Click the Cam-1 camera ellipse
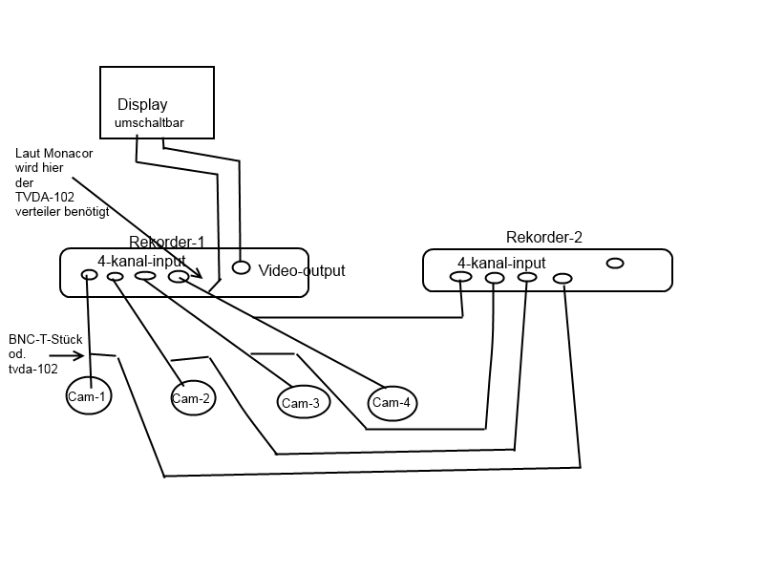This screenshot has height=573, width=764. (x=88, y=395)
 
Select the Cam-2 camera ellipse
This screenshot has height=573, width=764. (x=191, y=398)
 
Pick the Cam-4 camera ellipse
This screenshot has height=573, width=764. (x=392, y=402)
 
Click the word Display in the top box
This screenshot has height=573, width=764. (x=142, y=105)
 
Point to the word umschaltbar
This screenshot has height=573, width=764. (x=149, y=123)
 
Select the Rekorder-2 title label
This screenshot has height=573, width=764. (x=544, y=237)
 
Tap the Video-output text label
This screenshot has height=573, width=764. (x=302, y=271)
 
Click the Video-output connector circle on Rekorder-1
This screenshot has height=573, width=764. (x=242, y=268)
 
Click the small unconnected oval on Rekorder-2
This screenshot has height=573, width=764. (x=615, y=263)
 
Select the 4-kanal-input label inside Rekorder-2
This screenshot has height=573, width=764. (x=501, y=263)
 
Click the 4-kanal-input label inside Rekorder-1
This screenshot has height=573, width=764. (x=141, y=259)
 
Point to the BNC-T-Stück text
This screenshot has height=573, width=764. (x=45, y=339)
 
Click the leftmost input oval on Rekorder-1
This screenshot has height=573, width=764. (x=89, y=275)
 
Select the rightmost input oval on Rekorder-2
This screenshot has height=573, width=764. (x=562, y=279)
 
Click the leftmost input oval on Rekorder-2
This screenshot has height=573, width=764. (x=460, y=277)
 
